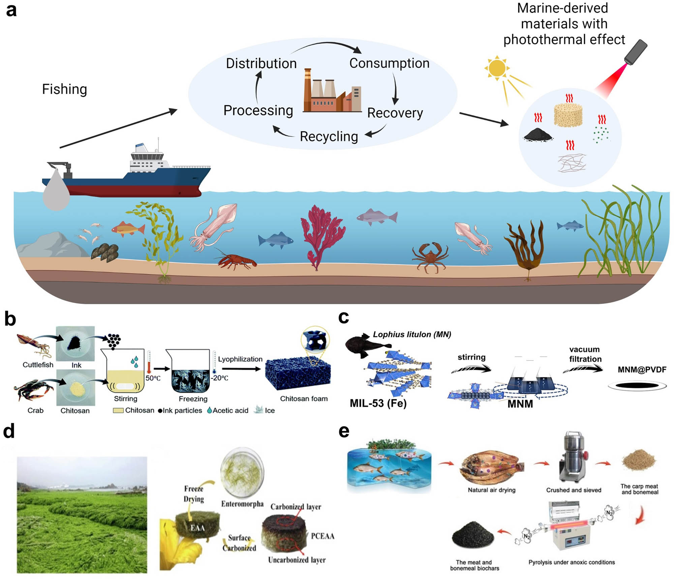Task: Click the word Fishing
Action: click(x=64, y=89)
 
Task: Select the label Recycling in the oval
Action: click(x=329, y=137)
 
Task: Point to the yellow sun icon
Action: click(x=497, y=68)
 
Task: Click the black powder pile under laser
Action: click(x=538, y=135)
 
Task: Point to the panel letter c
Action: click(x=343, y=317)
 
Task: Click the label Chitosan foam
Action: click(x=304, y=399)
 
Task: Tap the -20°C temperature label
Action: click(x=219, y=378)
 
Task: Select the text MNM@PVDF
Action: click(x=642, y=370)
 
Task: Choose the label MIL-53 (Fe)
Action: click(x=378, y=403)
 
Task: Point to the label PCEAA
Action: click(x=322, y=536)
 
